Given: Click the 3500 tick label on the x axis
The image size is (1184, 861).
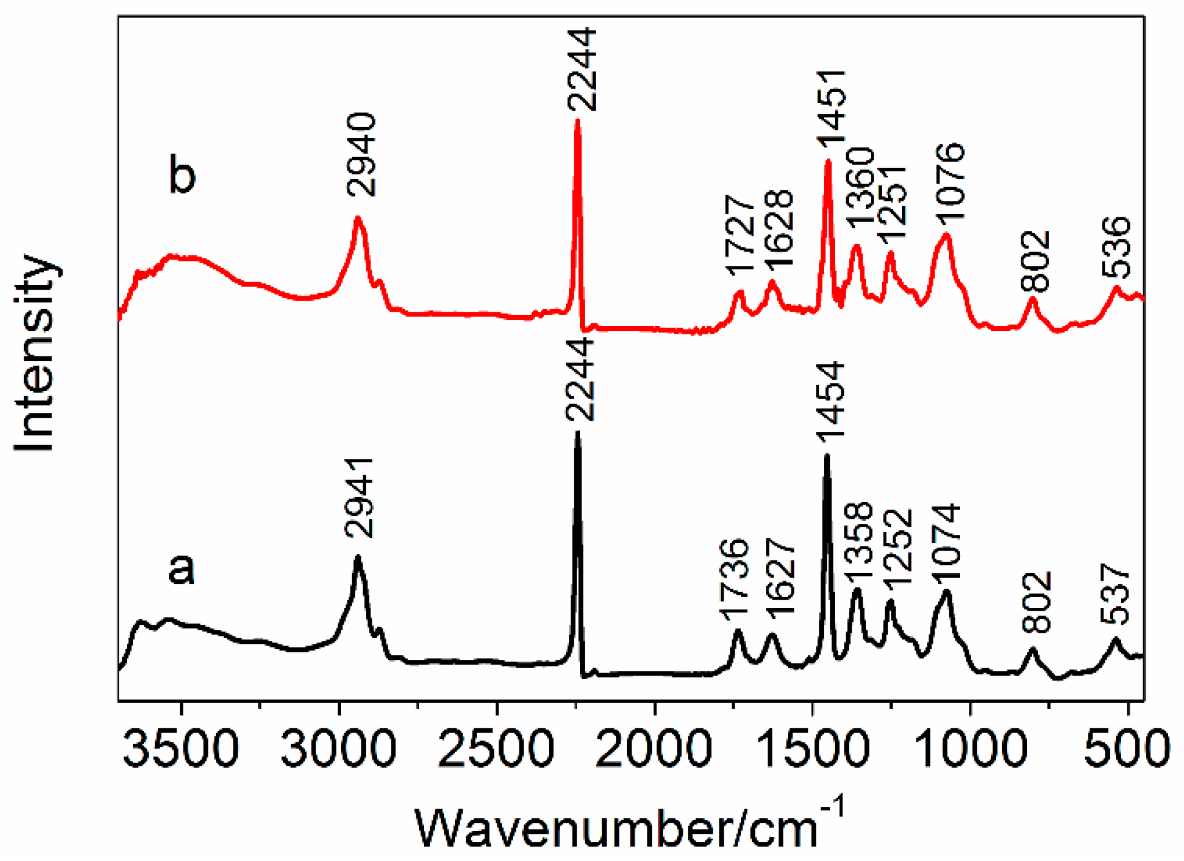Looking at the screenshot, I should (181, 749).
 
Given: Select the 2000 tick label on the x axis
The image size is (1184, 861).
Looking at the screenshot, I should (654, 749).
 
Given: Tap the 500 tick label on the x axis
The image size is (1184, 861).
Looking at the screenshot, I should (1127, 749).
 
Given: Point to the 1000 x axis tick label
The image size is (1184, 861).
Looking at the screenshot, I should (970, 749).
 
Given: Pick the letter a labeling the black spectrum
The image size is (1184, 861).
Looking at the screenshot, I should (181, 568).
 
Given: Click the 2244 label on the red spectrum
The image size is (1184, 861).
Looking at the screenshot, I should (581, 70).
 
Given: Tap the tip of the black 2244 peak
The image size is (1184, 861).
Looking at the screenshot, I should (577, 433).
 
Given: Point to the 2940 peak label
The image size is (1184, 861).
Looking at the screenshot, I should (362, 155).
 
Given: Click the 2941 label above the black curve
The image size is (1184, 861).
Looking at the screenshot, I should (359, 497).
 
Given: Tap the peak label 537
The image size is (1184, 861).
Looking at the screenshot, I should (1115, 594).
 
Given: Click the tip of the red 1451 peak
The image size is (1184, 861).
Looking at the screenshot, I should (828, 162).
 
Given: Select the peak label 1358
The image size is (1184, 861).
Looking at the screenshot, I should (857, 543).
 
